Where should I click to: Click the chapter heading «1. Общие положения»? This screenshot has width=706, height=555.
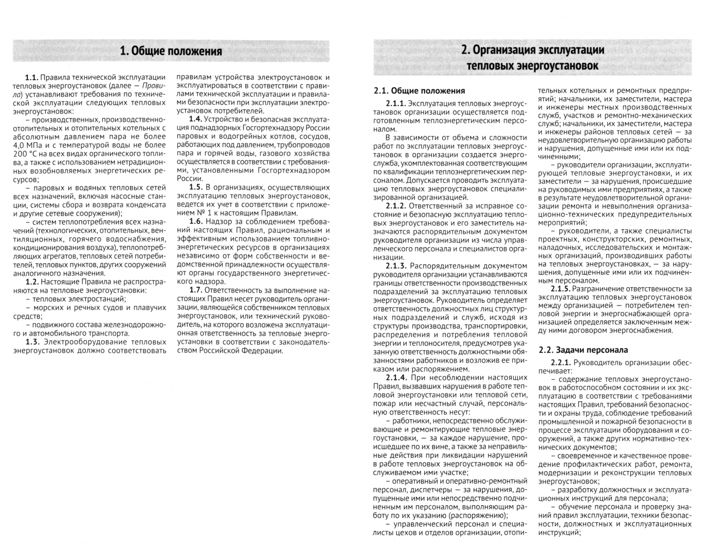click(x=171, y=51)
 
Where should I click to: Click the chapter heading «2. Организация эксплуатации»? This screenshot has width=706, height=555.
click(x=532, y=50)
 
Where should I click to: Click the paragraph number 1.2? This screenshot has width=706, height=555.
click(x=31, y=282)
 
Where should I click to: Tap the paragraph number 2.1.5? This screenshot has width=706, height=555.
click(x=560, y=289)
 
